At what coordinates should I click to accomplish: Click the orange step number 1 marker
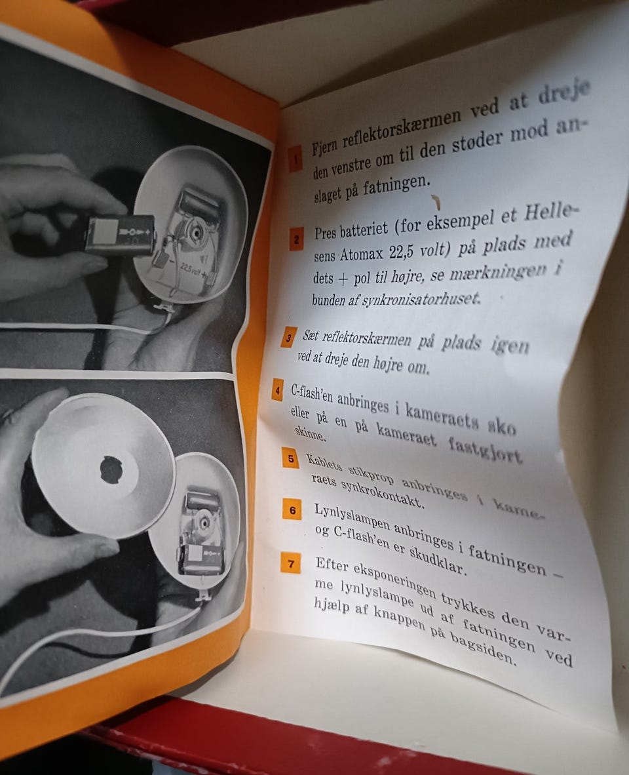pyautogui.click(x=295, y=159)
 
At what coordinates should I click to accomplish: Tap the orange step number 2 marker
pyautogui.click(x=296, y=239)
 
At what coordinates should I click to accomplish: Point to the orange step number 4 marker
pyautogui.click(x=277, y=390)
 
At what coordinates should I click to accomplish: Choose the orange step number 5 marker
pyautogui.click(x=290, y=458)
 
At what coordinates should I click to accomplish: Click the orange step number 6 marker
pyautogui.click(x=292, y=509)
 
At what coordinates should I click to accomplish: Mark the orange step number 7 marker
pyautogui.click(x=290, y=563)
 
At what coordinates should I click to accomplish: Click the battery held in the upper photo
pyautogui.click(x=119, y=235)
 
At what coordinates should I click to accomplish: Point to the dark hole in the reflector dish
pyautogui.click(x=111, y=469)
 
